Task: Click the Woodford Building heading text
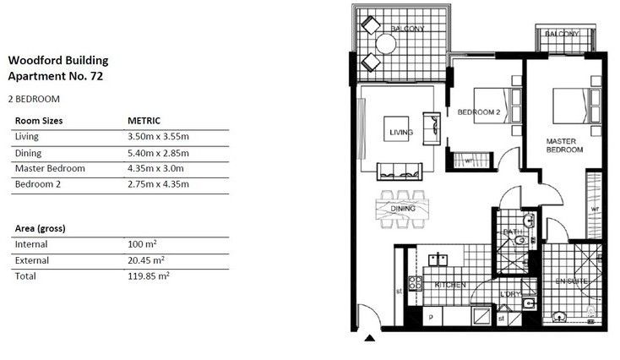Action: (x=57, y=61)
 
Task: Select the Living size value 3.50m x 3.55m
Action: (x=157, y=136)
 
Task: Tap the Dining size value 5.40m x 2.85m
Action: (x=157, y=153)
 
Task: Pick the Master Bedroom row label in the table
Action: (x=50, y=168)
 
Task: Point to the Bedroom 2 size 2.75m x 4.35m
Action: (x=157, y=184)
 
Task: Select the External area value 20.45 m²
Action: (x=145, y=260)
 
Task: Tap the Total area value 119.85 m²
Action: (x=148, y=276)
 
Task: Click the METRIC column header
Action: (x=144, y=121)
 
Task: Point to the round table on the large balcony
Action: (x=386, y=44)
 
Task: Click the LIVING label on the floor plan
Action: (x=401, y=133)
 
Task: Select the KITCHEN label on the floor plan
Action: (x=450, y=286)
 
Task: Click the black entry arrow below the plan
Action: (x=369, y=340)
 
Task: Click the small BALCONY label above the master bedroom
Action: (x=562, y=33)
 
